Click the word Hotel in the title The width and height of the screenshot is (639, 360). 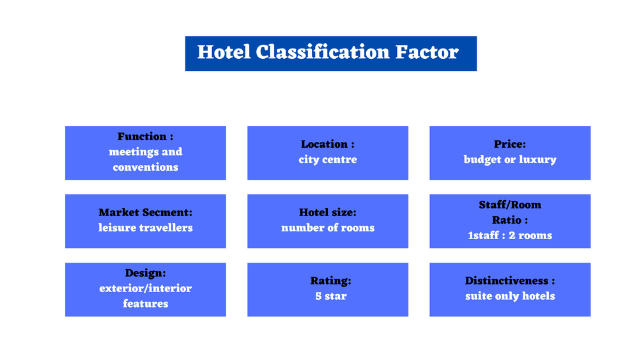(224, 52)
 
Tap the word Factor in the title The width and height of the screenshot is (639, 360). (426, 52)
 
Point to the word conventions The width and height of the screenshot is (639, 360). (145, 168)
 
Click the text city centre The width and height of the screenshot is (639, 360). (327, 160)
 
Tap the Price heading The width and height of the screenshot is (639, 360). (510, 145)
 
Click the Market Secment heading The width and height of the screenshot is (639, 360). (145, 213)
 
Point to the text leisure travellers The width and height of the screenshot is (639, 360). (145, 228)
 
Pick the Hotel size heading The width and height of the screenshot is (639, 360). (327, 213)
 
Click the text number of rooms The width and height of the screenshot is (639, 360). (327, 228)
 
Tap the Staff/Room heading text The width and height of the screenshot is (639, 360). (510, 205)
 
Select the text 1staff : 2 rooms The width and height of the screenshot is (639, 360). (510, 235)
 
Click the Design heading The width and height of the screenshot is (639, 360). (145, 273)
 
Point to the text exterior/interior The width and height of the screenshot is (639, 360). (145, 288)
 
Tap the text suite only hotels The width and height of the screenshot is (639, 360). (510, 296)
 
